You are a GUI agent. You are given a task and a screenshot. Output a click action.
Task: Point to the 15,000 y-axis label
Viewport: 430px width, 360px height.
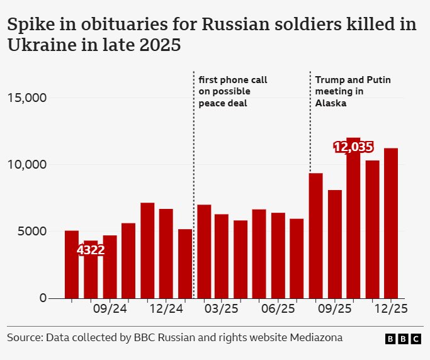coord(27,98)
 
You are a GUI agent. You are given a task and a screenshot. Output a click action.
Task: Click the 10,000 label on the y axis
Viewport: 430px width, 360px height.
coord(27,165)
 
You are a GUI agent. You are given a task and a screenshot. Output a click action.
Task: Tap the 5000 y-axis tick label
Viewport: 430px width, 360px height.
coord(31,231)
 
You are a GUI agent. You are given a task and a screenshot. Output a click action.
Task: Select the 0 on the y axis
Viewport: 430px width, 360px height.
coord(43,298)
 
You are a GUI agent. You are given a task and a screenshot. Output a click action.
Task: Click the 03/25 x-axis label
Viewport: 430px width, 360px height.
coord(222,310)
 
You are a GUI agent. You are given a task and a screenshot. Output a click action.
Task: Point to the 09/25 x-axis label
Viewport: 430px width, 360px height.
coord(334,310)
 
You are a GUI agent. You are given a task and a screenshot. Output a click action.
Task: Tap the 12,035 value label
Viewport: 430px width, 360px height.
coord(353,147)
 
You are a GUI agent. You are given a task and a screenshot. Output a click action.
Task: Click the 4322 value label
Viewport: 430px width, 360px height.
coord(91,250)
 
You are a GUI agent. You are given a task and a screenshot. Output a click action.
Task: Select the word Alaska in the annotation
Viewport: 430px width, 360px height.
coord(331,103)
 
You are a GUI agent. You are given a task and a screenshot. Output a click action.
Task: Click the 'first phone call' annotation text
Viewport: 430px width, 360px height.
coord(233,80)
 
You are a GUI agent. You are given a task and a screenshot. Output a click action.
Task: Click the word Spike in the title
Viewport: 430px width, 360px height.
coord(28,25)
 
